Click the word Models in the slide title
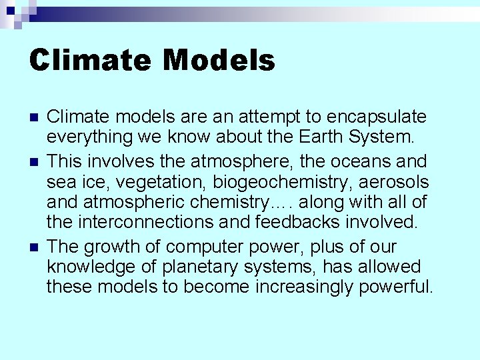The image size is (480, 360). pyautogui.click(x=219, y=60)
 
